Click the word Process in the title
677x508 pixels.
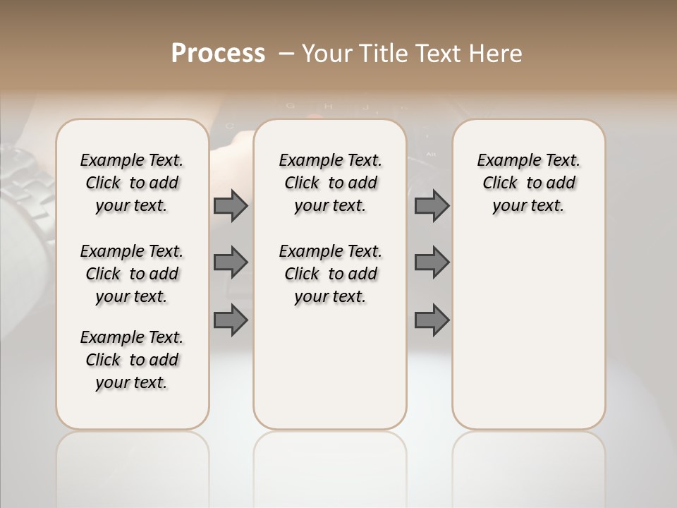(218, 54)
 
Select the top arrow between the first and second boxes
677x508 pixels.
(231, 205)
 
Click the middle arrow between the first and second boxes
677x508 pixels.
(231, 262)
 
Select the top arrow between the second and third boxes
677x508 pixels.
(432, 205)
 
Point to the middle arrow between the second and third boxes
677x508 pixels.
(432, 262)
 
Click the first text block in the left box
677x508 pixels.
(132, 183)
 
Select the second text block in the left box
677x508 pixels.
(132, 274)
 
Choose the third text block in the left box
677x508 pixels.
(132, 360)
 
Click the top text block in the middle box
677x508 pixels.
(331, 183)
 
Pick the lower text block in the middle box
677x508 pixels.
(331, 274)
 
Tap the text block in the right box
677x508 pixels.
(529, 183)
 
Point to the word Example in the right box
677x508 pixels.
(503, 161)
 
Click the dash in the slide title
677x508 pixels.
(286, 54)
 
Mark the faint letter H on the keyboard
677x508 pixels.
(327, 107)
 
